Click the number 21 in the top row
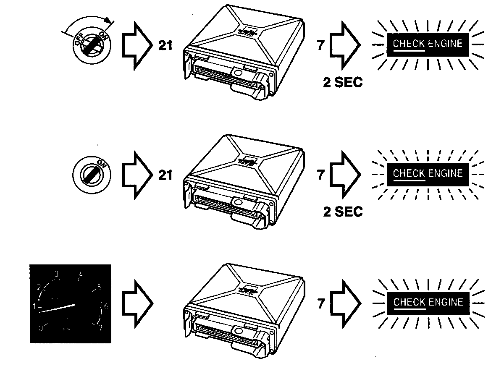165,45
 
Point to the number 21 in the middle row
165,175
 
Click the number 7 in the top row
321,45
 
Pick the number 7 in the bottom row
321,303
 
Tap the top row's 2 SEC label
343,82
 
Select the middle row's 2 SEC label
343,212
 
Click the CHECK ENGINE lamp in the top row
428,44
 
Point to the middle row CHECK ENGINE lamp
428,173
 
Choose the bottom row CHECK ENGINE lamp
428,302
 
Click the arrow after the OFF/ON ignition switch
136,45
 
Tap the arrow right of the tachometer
136,303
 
